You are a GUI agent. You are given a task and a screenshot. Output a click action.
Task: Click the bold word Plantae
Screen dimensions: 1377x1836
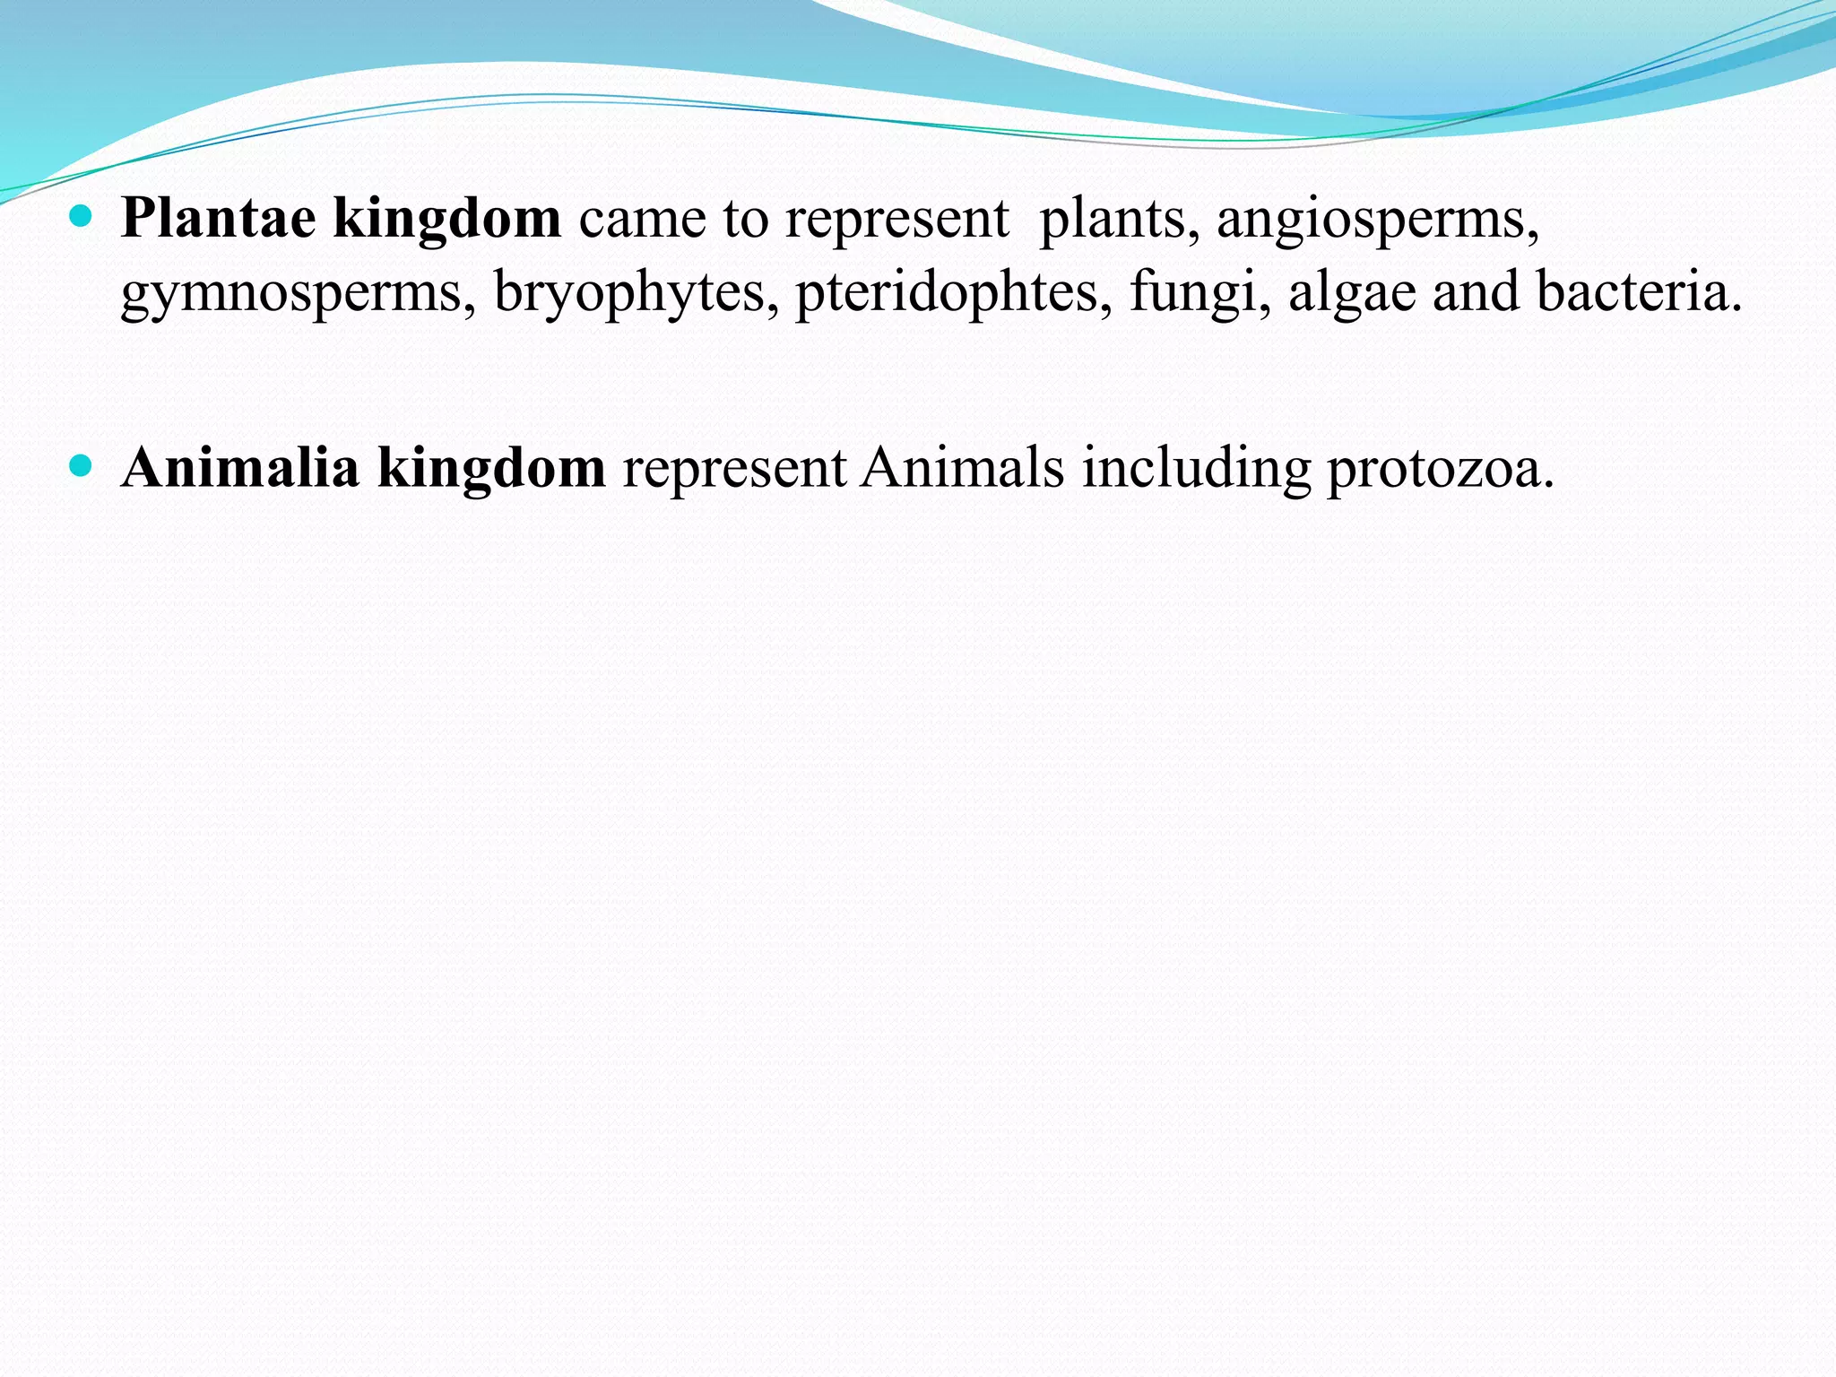tap(219, 218)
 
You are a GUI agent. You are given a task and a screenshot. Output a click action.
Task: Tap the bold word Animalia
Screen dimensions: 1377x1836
tap(240, 468)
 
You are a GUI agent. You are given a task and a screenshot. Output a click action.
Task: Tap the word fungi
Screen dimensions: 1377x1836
tap(1200, 294)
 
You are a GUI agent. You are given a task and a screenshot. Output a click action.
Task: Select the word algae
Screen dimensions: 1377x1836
tap(1352, 294)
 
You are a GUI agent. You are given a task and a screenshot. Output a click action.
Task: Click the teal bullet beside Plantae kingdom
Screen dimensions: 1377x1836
tap(81, 216)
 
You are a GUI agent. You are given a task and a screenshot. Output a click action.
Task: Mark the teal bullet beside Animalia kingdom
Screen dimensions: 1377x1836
tap(81, 466)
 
